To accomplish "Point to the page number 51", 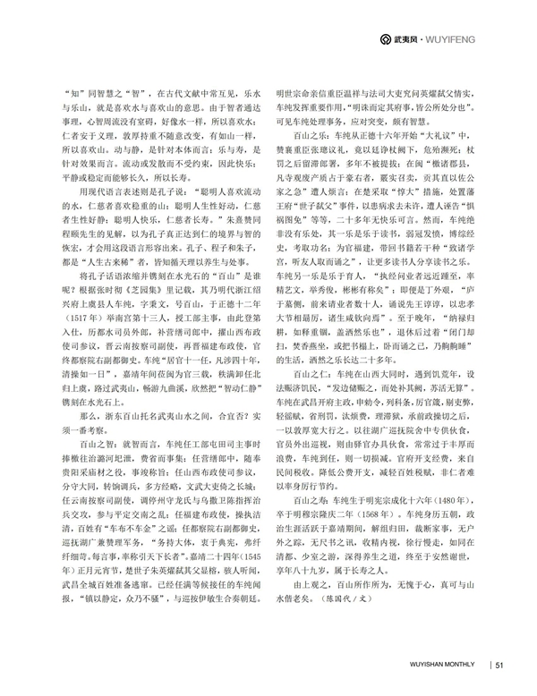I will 500,663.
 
